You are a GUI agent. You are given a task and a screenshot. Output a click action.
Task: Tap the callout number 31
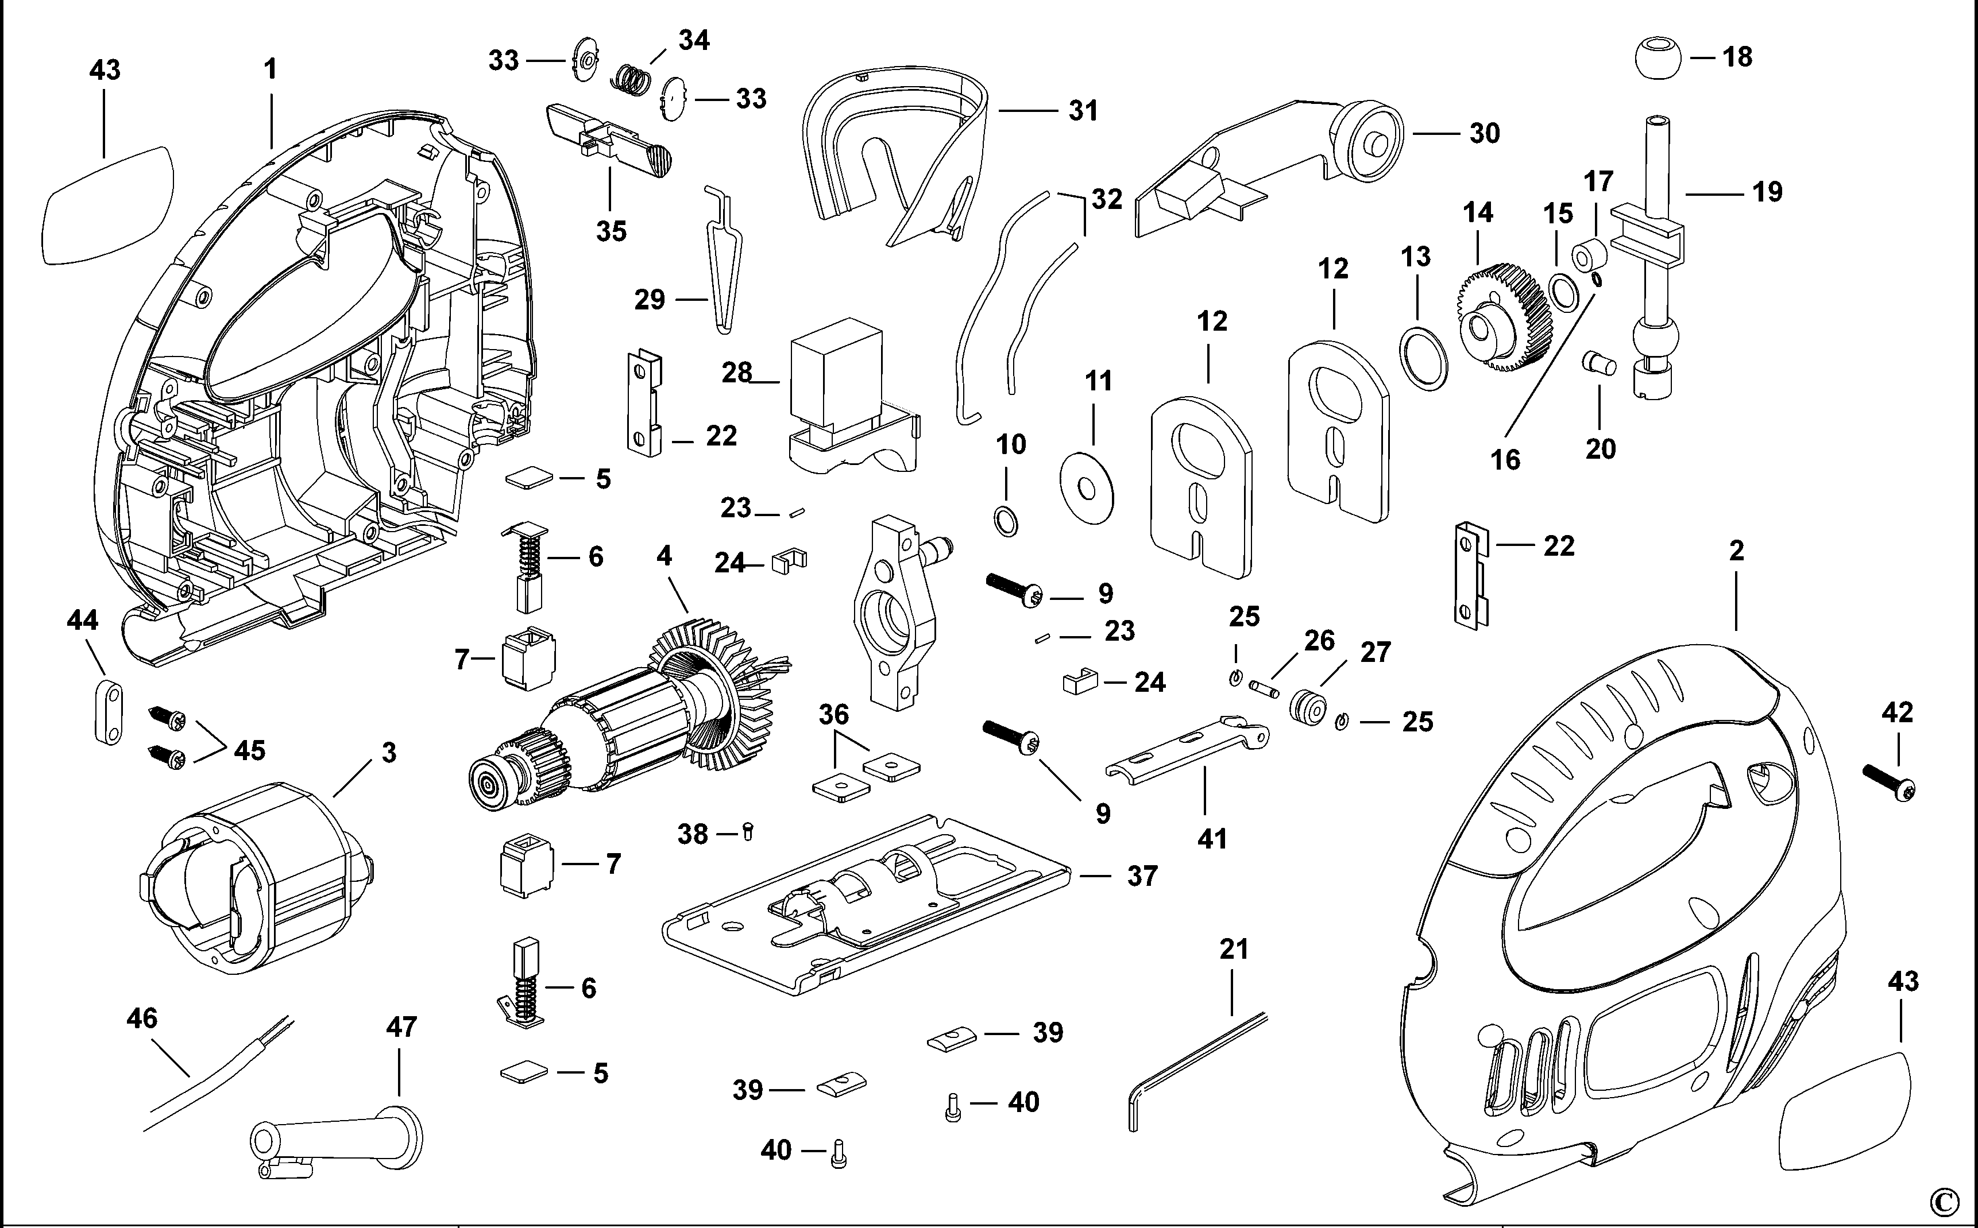point(1083,110)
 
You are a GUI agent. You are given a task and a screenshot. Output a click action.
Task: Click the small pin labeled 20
point(1598,362)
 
